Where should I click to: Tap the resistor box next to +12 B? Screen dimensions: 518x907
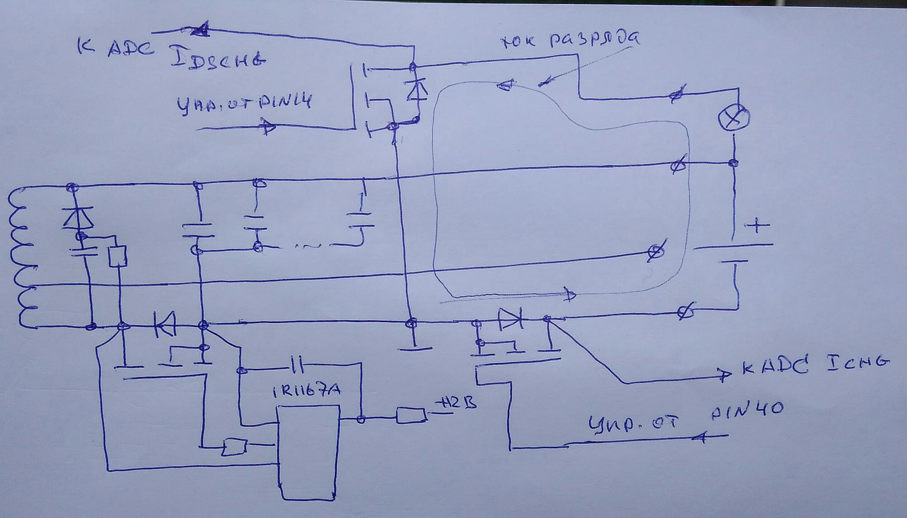[x=411, y=415]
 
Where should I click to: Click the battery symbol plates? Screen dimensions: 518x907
[x=733, y=254]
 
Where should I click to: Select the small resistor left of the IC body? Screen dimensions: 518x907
[x=234, y=447]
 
